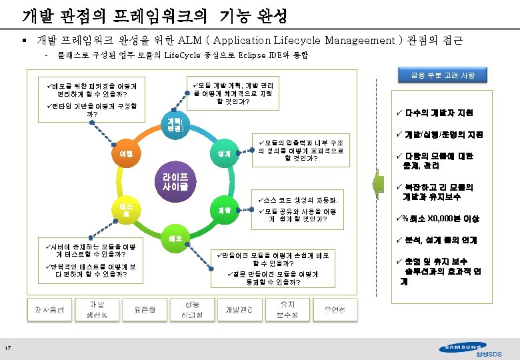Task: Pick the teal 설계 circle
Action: [x=224, y=154]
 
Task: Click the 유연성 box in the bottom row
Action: [x=335, y=309]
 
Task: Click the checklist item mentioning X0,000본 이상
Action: [x=441, y=219]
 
